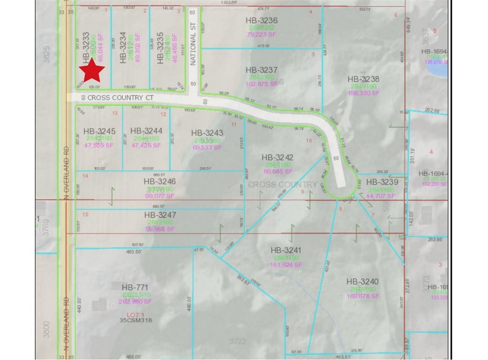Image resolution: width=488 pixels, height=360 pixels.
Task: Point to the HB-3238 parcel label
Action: [x=363, y=80]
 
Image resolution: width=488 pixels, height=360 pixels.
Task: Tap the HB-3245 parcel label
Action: [x=100, y=131]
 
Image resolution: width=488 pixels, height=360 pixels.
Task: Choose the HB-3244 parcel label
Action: [x=146, y=130]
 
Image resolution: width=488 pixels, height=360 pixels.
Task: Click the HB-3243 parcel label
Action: [x=207, y=133]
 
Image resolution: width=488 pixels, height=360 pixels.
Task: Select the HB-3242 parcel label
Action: [x=277, y=157]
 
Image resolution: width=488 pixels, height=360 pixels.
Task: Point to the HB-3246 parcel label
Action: [x=160, y=181]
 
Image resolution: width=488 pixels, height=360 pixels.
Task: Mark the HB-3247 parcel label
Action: [x=160, y=215]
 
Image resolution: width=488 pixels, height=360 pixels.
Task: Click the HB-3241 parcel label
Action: [x=286, y=250]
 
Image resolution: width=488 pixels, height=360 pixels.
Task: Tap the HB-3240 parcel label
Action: [x=363, y=282]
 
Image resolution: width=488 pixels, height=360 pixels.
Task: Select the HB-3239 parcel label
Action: [x=382, y=181]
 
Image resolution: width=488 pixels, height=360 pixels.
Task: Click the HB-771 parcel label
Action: [x=136, y=287]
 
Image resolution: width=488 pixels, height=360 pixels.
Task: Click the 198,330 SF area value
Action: [x=363, y=93]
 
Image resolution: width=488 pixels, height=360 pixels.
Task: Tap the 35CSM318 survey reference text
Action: [x=136, y=321]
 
